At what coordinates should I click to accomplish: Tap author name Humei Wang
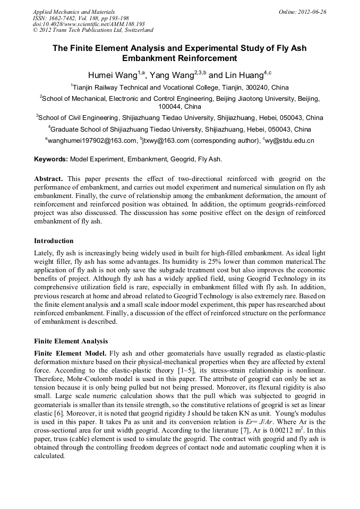point(109,75)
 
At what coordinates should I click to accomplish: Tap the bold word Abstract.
point(48,179)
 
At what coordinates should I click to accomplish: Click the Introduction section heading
point(54,240)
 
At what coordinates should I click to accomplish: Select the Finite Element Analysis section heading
point(71,341)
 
